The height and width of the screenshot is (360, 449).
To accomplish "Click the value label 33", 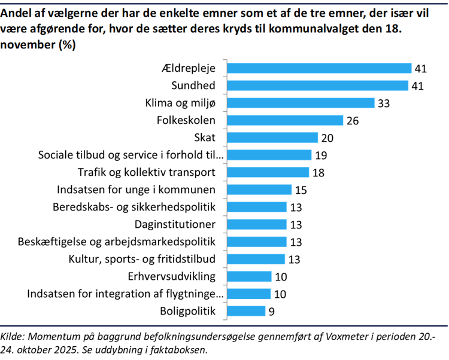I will (384, 103).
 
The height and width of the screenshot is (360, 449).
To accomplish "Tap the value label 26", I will (352, 121).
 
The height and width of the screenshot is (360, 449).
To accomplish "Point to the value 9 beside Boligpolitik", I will (272, 312).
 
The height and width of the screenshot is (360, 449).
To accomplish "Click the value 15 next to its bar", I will (300, 190).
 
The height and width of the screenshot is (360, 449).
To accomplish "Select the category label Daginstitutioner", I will (175, 225).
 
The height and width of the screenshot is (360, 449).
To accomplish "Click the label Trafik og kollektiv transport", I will (147, 173).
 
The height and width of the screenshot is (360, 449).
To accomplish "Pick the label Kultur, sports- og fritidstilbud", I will (142, 260).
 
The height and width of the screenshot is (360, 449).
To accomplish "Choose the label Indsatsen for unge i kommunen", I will (136, 190).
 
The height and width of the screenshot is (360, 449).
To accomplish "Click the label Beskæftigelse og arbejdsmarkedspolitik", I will (117, 242).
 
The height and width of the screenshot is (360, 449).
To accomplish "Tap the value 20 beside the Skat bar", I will (326, 138).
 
